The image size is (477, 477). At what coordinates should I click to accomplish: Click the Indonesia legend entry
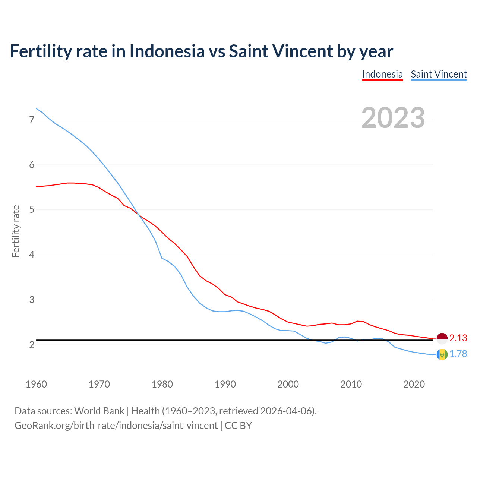382,74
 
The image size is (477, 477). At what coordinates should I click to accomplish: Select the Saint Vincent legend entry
439,74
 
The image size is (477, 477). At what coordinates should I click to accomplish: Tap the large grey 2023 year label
393,118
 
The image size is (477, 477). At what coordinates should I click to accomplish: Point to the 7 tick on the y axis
32,120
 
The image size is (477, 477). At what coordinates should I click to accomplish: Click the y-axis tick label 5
32,210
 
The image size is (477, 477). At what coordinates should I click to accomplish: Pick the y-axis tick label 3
32,300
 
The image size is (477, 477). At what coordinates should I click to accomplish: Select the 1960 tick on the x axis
36,384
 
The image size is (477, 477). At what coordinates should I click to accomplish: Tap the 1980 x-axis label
162,384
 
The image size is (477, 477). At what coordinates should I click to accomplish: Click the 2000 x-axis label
288,384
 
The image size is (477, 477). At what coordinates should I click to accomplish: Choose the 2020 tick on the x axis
414,384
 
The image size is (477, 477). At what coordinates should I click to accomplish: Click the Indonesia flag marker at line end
442,338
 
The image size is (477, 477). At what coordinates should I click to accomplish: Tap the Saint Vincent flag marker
442,354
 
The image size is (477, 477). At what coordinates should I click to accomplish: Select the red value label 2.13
458,338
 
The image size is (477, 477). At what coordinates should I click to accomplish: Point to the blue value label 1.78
458,354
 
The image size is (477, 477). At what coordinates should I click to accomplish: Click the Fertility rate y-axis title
16,231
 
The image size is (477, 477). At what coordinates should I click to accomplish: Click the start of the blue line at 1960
36,108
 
